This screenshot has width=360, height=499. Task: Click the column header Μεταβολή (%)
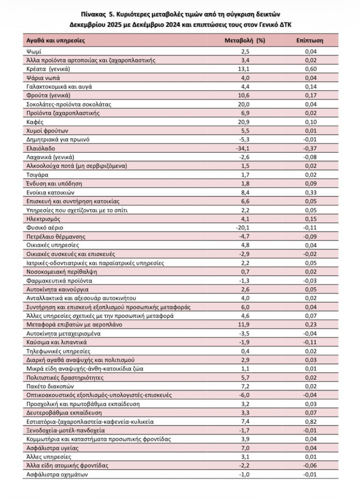coord(245,40)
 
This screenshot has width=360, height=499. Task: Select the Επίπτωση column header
coord(310,40)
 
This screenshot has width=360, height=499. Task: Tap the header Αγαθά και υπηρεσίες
coord(56,40)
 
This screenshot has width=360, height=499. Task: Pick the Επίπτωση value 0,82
coord(311,422)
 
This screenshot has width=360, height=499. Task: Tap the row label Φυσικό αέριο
coord(44,228)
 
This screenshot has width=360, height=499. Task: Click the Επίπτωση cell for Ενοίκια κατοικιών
coord(311,192)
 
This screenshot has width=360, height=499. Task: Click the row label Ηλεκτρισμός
coord(43,219)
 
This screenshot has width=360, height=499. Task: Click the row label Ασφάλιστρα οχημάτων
coord(57,475)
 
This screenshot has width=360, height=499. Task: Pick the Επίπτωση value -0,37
coord(310,148)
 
